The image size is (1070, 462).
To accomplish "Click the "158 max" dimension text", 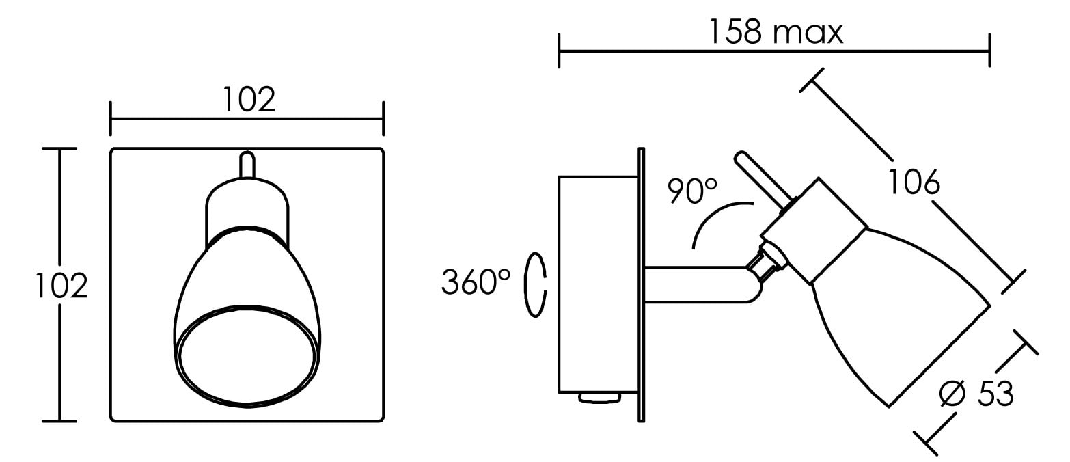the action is coord(776,32).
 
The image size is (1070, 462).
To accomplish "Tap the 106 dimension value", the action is coord(914,182).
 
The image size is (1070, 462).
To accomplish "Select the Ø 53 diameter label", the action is coord(976,394).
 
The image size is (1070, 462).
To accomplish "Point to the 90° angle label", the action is coord(692,191).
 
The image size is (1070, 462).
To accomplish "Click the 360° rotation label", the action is coord(476,282).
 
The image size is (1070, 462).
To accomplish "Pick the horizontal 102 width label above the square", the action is coord(249,99).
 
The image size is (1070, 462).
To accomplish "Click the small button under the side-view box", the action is coord(599,398).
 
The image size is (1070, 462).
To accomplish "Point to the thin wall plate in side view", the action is coord(642,285).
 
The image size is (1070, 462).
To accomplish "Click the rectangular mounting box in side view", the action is coord(598,285).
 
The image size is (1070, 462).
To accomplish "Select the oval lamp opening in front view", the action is coord(247,357).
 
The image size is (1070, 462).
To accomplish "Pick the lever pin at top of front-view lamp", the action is coord(247,165).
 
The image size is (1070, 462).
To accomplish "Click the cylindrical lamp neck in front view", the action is coord(247,213).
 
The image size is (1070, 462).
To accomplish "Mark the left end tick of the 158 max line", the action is coord(559,51).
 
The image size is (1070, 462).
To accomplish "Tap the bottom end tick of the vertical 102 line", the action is coord(59,422).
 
